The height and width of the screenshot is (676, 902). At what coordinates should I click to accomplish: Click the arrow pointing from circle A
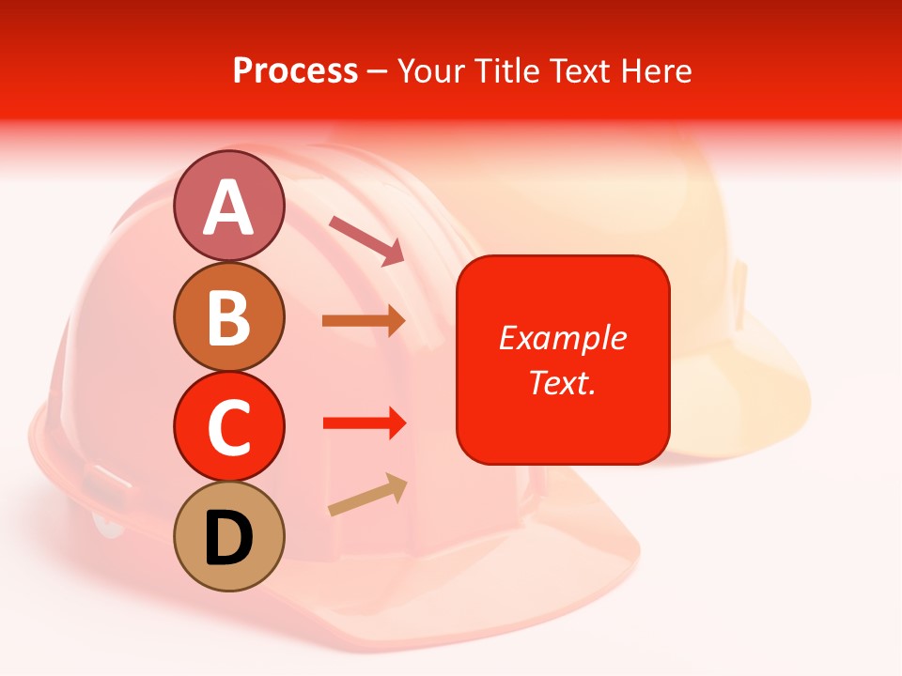366,240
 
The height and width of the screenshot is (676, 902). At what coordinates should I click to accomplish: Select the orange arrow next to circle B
364,321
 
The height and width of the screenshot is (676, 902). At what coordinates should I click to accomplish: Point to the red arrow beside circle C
364,422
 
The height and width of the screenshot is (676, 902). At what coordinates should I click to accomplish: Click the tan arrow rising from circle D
367,496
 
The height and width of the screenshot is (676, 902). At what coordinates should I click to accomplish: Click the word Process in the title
295,70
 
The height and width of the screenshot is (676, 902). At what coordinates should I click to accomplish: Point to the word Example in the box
563,338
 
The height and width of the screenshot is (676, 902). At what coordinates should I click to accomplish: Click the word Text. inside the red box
563,382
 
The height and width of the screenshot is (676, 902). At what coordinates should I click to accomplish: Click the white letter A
228,207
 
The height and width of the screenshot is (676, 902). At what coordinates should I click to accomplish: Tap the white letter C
228,427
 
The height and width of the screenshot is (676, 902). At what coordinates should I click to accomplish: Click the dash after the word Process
378,71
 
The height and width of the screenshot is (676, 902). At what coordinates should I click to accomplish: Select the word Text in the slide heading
579,70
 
